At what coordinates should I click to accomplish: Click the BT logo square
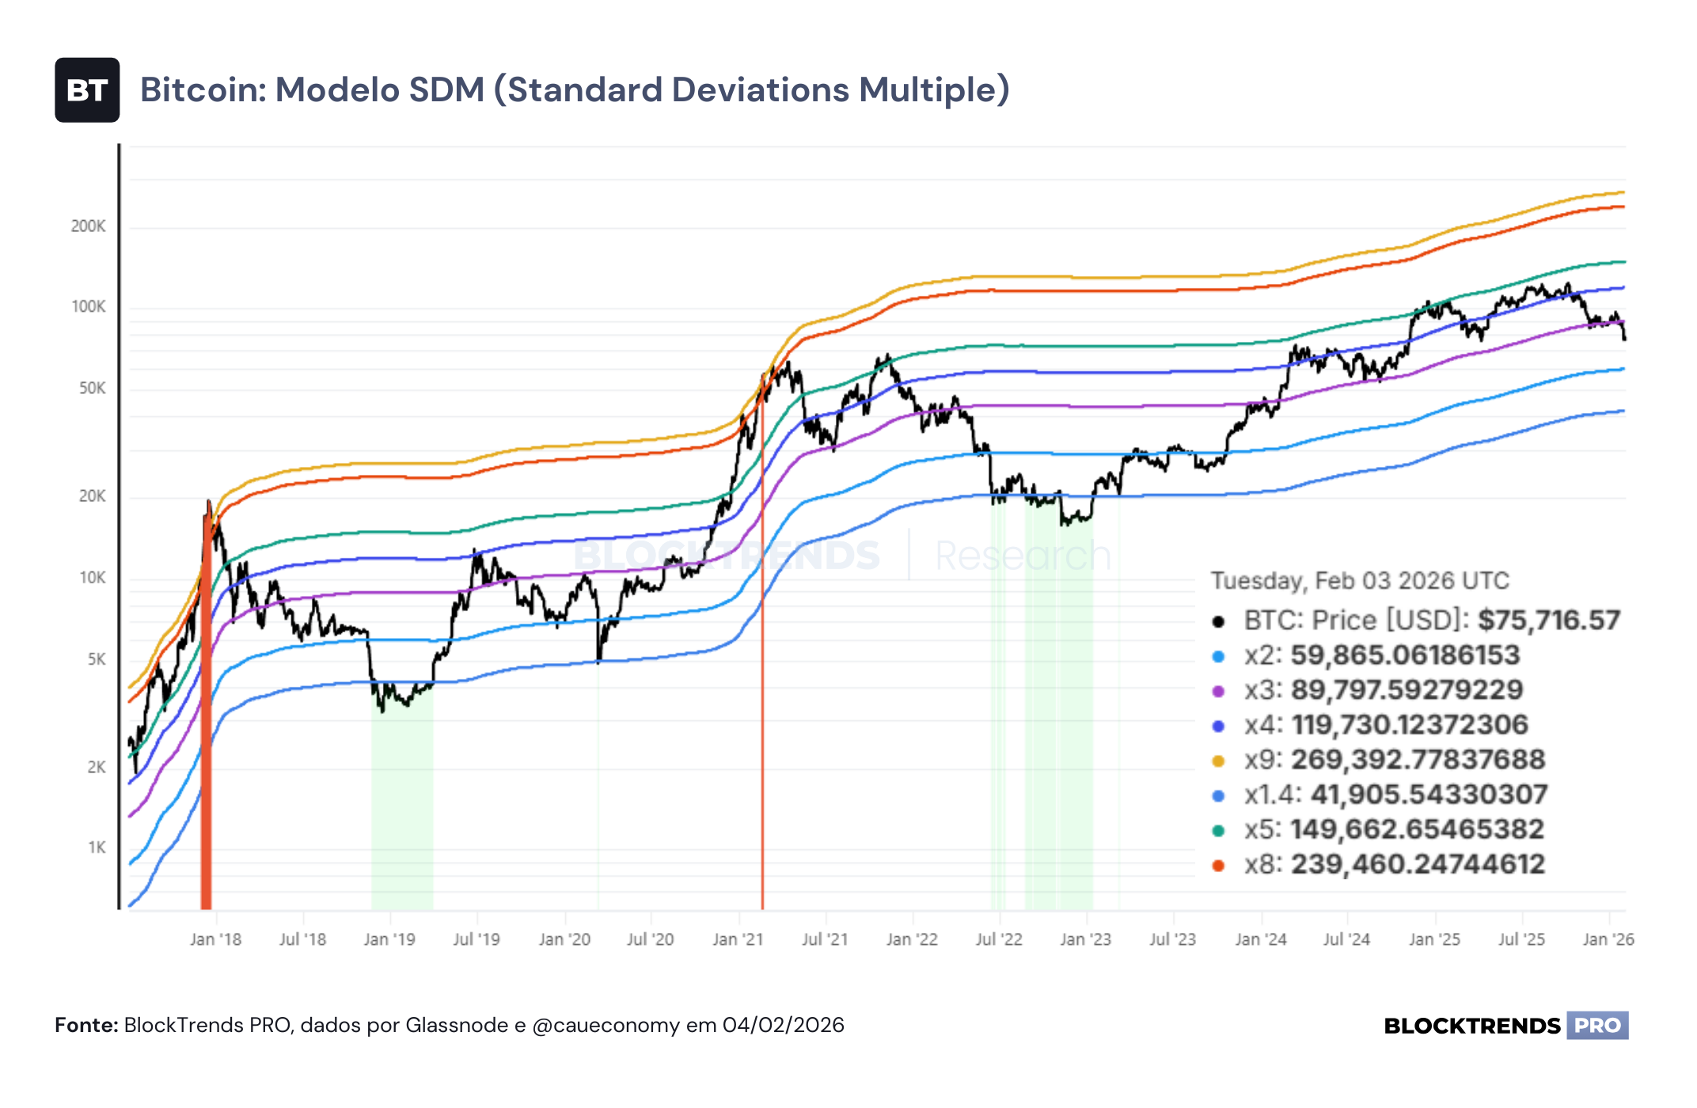click(x=87, y=90)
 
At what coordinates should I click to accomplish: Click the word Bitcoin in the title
click(x=202, y=89)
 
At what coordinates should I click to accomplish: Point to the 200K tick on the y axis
click(x=88, y=226)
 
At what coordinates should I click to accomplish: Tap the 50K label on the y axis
click(x=92, y=389)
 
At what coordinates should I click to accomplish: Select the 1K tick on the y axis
click(x=97, y=848)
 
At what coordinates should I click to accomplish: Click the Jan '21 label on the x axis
click(x=738, y=939)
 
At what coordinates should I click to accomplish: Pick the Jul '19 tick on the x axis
click(x=476, y=939)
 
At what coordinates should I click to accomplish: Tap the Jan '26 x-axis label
click(x=1608, y=939)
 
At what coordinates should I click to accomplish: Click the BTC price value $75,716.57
click(x=1549, y=620)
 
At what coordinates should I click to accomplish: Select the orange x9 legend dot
click(x=1218, y=761)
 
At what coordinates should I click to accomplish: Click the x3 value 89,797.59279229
click(x=1407, y=690)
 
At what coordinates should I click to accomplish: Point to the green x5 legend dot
click(x=1218, y=831)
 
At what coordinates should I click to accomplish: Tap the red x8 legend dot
click(x=1218, y=866)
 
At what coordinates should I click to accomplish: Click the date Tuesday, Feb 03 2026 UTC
click(x=1361, y=581)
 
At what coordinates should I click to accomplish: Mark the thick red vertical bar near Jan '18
click(x=206, y=704)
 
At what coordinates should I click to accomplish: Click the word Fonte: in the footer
click(x=86, y=1026)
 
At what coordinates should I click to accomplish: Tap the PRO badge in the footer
click(x=1597, y=1026)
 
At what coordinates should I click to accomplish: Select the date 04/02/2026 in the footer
click(x=783, y=1026)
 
